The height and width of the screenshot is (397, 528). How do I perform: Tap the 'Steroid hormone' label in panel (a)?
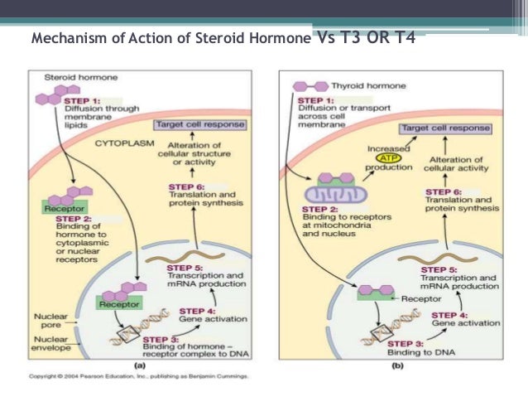pos(73,77)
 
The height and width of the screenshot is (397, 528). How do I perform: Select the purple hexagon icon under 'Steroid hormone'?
pos(50,98)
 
